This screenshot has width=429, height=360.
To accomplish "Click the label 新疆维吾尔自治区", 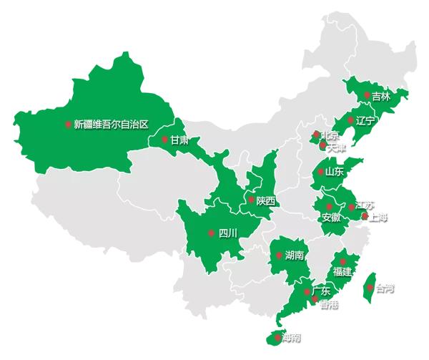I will click(111, 124).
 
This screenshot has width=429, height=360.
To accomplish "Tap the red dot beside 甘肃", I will click(164, 140).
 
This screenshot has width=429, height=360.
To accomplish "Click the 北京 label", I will click(330, 135).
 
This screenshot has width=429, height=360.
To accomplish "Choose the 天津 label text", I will click(335, 147).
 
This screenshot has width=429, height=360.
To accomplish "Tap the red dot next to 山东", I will click(320, 172).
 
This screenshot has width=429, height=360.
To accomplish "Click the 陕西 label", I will click(265, 201).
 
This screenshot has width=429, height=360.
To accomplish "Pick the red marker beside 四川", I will click(211, 233).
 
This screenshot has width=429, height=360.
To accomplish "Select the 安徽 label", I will click(331, 218).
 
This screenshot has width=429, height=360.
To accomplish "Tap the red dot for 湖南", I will click(279, 255).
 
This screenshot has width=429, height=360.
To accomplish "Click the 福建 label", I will click(342, 272).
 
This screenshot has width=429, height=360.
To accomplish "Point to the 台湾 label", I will click(384, 289).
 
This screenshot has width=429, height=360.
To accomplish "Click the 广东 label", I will click(321, 291).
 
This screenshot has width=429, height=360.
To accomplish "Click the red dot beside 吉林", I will click(367, 95).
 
